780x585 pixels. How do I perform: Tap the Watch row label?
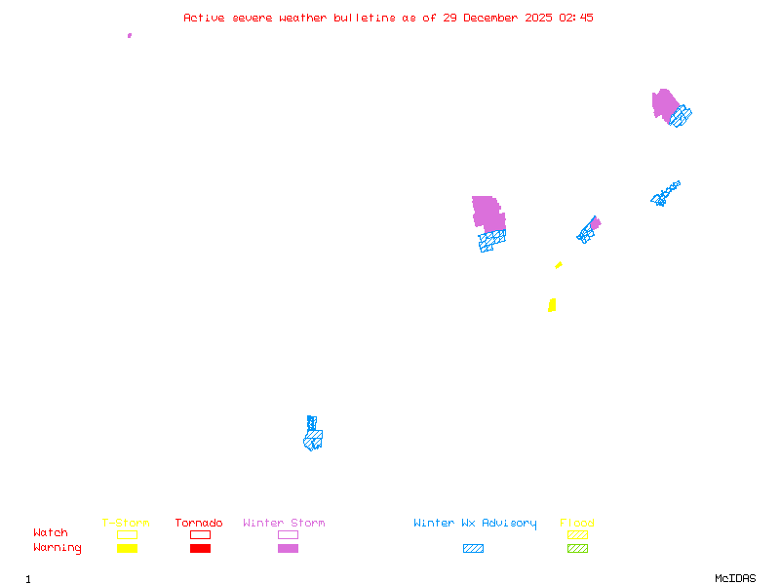tap(51, 533)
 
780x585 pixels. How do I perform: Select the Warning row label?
tap(58, 548)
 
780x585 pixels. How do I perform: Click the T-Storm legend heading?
tap(126, 524)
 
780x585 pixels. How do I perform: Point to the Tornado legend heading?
tap(199, 524)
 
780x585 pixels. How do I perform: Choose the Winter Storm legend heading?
tap(284, 524)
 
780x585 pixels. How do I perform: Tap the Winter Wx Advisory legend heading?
tap(475, 524)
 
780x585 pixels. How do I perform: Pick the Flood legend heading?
tap(577, 524)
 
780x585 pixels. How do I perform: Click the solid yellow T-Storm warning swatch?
tap(127, 549)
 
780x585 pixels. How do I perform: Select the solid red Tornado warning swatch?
tap(200, 549)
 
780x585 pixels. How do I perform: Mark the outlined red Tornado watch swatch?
tap(200, 534)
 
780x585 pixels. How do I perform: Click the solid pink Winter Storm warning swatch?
tap(288, 549)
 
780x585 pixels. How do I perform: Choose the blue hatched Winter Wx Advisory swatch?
tap(473, 549)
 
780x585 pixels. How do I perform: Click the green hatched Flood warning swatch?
tap(577, 549)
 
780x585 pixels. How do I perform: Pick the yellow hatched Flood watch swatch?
tap(577, 534)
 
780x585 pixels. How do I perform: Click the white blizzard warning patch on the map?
tap(503, 207)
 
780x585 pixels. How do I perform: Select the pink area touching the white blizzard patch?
tap(487, 214)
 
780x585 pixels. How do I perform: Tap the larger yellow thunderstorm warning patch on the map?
tap(552, 305)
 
